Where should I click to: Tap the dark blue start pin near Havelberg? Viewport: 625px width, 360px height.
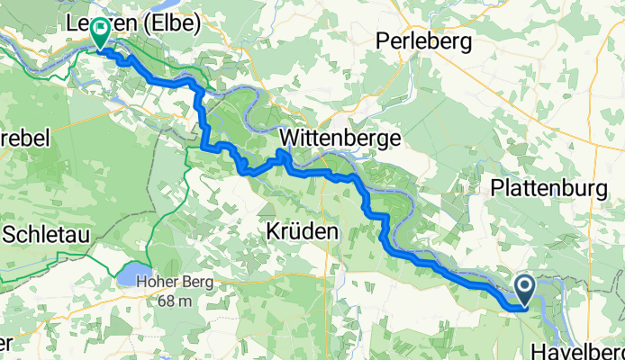click(x=525, y=290)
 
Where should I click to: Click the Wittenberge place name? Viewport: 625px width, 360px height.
click(x=341, y=138)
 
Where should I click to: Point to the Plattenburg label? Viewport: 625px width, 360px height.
click(x=552, y=187)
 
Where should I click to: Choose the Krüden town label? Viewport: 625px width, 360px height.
click(x=303, y=231)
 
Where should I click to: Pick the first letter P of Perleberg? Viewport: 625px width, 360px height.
click(x=382, y=40)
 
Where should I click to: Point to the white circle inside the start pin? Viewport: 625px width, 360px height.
click(x=525, y=286)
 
